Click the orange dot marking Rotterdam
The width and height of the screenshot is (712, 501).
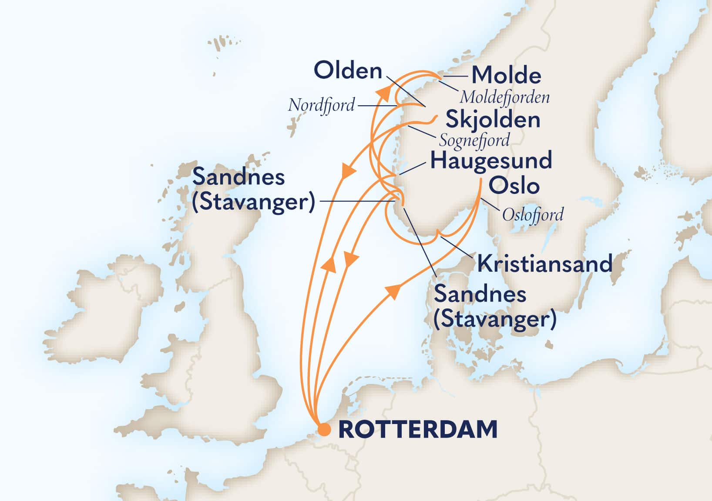click(x=324, y=429)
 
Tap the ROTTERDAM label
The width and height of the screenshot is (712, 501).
click(x=418, y=429)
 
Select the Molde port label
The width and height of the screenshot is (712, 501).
click(x=507, y=75)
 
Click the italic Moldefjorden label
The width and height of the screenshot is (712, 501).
click(x=504, y=97)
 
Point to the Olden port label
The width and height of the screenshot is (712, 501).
click(x=348, y=70)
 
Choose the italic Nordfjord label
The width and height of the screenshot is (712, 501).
click(x=321, y=105)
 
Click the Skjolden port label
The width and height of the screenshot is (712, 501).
click(x=493, y=120)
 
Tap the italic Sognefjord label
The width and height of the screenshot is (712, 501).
click(x=474, y=140)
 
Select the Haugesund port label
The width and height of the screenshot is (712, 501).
click(x=491, y=160)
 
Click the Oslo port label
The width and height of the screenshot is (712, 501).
click(x=514, y=186)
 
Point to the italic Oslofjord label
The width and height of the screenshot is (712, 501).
click(x=533, y=214)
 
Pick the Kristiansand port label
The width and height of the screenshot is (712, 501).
click(x=545, y=264)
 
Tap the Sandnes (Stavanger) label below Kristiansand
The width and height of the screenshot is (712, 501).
click(x=495, y=307)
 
